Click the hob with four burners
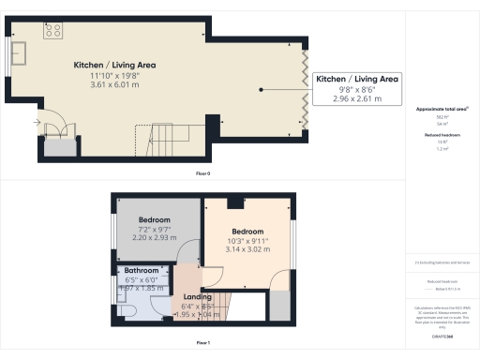coord(53,30)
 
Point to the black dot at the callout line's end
coord(262,90)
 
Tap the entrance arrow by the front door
coord(37,121)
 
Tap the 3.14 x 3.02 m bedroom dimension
coord(248,250)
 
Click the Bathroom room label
coord(142,271)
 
